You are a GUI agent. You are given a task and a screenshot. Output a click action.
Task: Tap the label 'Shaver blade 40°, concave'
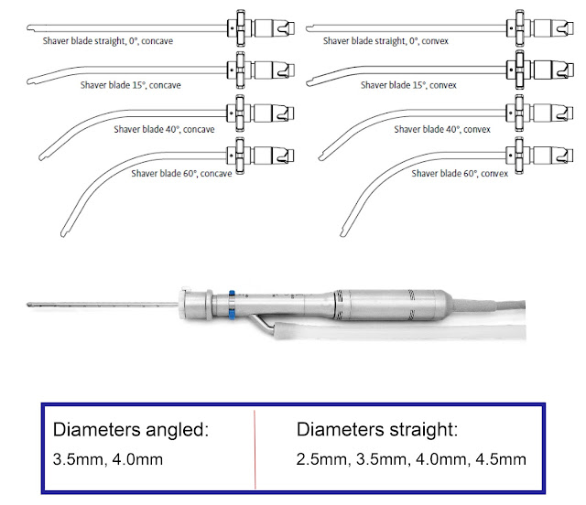point(164,130)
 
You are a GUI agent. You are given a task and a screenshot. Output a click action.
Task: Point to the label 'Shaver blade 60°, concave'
point(180,172)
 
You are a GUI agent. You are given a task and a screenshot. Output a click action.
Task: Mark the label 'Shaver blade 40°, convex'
point(442,130)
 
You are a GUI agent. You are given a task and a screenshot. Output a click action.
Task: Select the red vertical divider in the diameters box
point(254,441)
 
